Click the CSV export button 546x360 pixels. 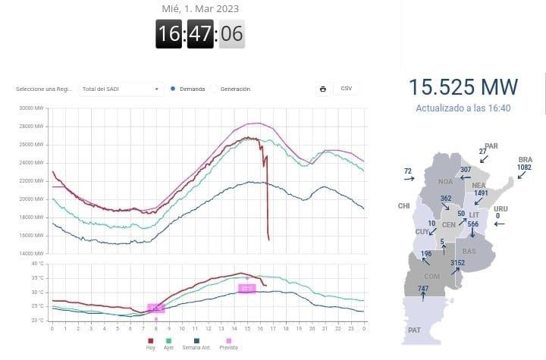pyautogui.click(x=347, y=89)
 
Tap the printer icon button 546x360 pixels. pyautogui.click(x=323, y=89)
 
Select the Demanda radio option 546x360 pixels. pyautogui.click(x=174, y=89)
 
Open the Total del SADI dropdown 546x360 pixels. pyautogui.click(x=121, y=89)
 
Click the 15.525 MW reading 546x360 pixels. pyautogui.click(x=463, y=86)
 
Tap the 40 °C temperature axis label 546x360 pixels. pyautogui.click(x=38, y=264)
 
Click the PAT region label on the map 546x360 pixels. pyautogui.click(x=414, y=330)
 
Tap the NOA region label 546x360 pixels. pyautogui.click(x=445, y=182)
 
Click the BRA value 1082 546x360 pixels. pyautogui.click(x=525, y=167)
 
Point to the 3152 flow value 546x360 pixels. pyautogui.click(x=457, y=263)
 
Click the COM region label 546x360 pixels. pyautogui.click(x=432, y=277)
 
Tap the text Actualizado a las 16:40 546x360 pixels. pyautogui.click(x=463, y=108)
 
